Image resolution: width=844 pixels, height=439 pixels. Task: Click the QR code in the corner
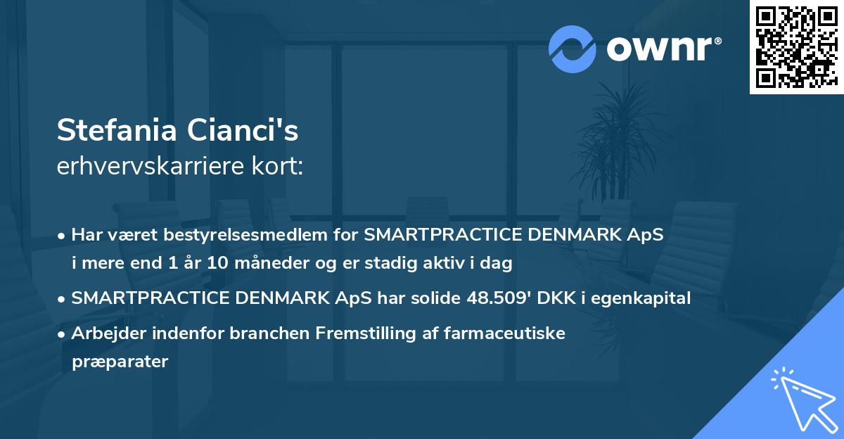point(796,46)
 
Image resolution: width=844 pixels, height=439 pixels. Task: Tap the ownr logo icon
point(573,49)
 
